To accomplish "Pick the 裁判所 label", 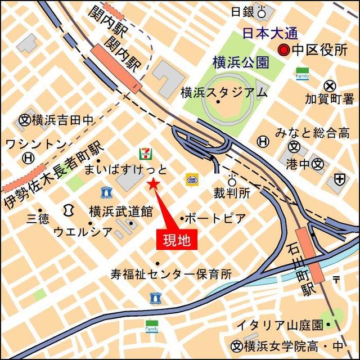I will pos(231,193).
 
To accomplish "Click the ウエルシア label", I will pos(84,231).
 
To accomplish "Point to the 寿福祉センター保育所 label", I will pos(171,274).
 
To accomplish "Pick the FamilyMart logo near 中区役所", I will pos(302,74).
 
